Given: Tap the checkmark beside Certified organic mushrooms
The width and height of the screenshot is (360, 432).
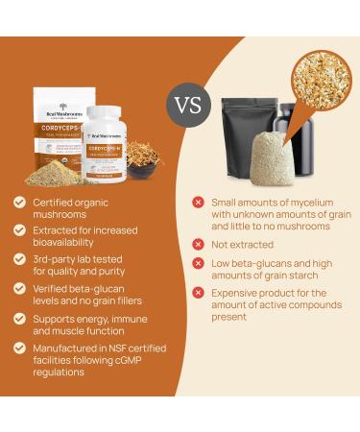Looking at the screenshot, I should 20,203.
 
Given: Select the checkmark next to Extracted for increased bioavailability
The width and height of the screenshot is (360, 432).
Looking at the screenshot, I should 20,229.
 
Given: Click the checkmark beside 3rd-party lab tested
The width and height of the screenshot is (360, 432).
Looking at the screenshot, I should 20,258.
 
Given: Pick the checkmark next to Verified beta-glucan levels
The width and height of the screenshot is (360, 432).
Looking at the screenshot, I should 20,287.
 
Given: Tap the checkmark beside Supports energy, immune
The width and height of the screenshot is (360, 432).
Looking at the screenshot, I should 20,316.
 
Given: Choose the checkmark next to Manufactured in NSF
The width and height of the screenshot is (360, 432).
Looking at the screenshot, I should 20,347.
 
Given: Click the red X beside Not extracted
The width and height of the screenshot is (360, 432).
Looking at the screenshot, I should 198,245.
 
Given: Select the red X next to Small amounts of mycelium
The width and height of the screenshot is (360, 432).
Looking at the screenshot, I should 198,202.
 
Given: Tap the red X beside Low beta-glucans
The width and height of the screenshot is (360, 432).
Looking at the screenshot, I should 198,265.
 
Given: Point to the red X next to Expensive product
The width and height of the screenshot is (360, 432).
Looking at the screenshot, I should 198,293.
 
